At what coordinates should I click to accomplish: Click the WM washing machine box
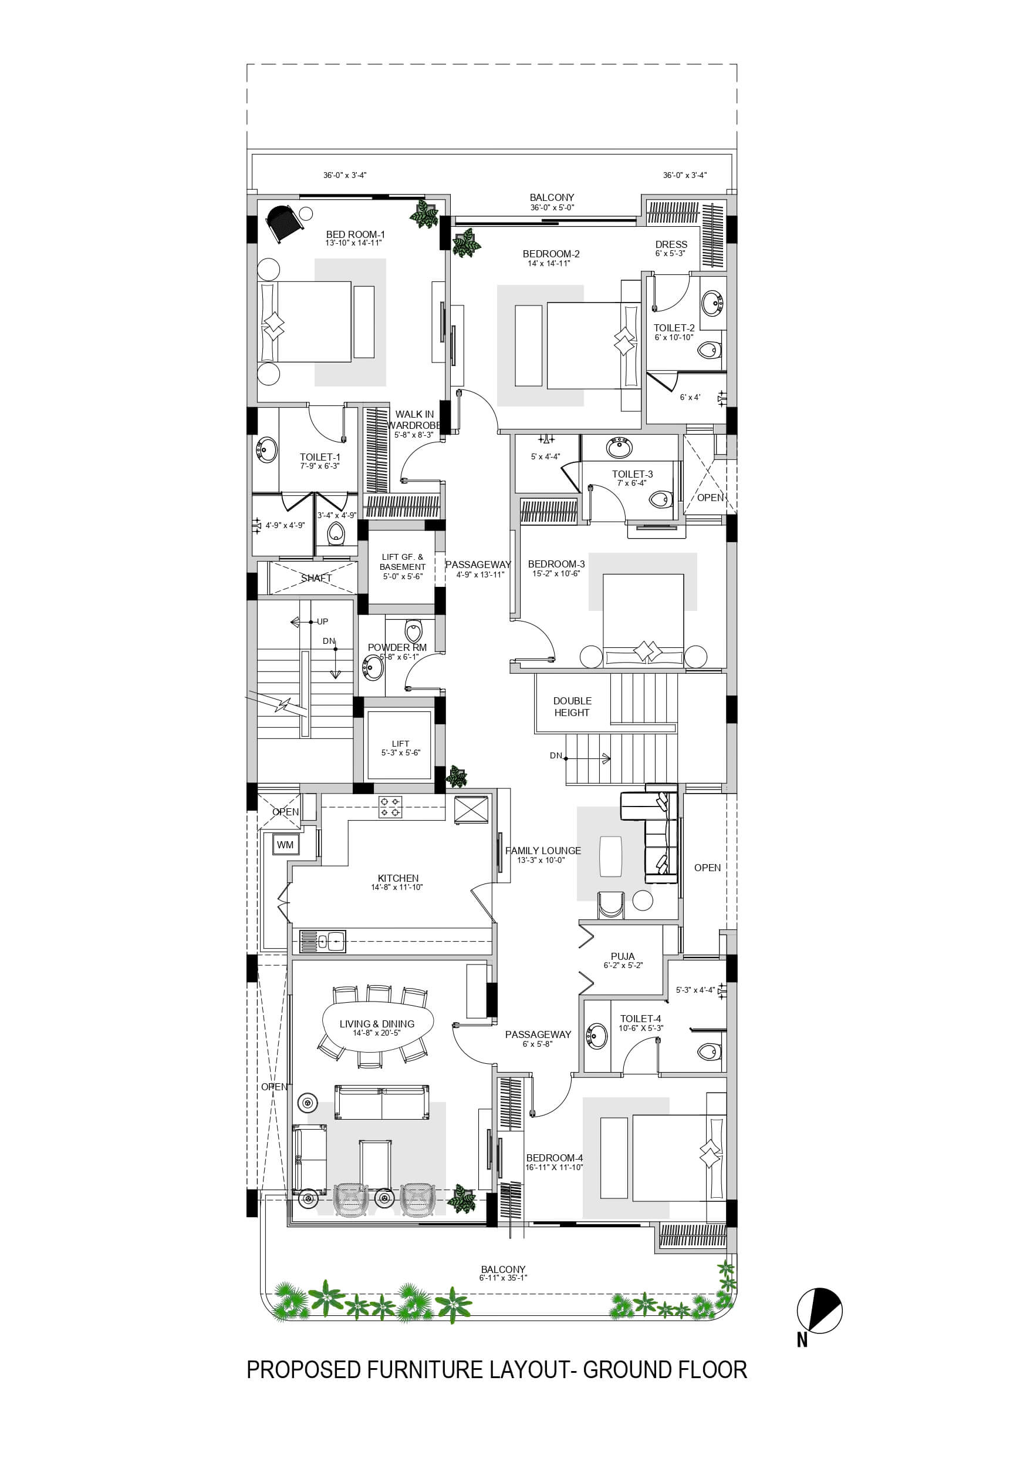(285, 845)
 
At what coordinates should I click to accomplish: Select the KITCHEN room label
(398, 878)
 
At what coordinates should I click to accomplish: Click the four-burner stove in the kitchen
(390, 807)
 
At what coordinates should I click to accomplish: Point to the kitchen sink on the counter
(322, 941)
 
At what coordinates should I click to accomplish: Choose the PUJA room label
(623, 956)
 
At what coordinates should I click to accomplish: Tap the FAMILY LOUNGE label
(543, 850)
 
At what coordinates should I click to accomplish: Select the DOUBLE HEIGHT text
(572, 707)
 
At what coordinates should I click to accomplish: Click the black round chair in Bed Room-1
(282, 223)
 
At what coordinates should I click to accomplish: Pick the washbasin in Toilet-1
(266, 450)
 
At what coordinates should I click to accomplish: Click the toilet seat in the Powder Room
(413, 630)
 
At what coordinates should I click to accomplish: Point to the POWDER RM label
(397, 647)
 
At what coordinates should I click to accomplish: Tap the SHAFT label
(316, 578)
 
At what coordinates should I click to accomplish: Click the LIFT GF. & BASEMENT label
(403, 562)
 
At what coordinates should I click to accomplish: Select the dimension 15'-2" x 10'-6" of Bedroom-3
(556, 573)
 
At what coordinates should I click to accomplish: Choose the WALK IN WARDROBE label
(414, 420)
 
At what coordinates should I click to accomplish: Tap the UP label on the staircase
(322, 622)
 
